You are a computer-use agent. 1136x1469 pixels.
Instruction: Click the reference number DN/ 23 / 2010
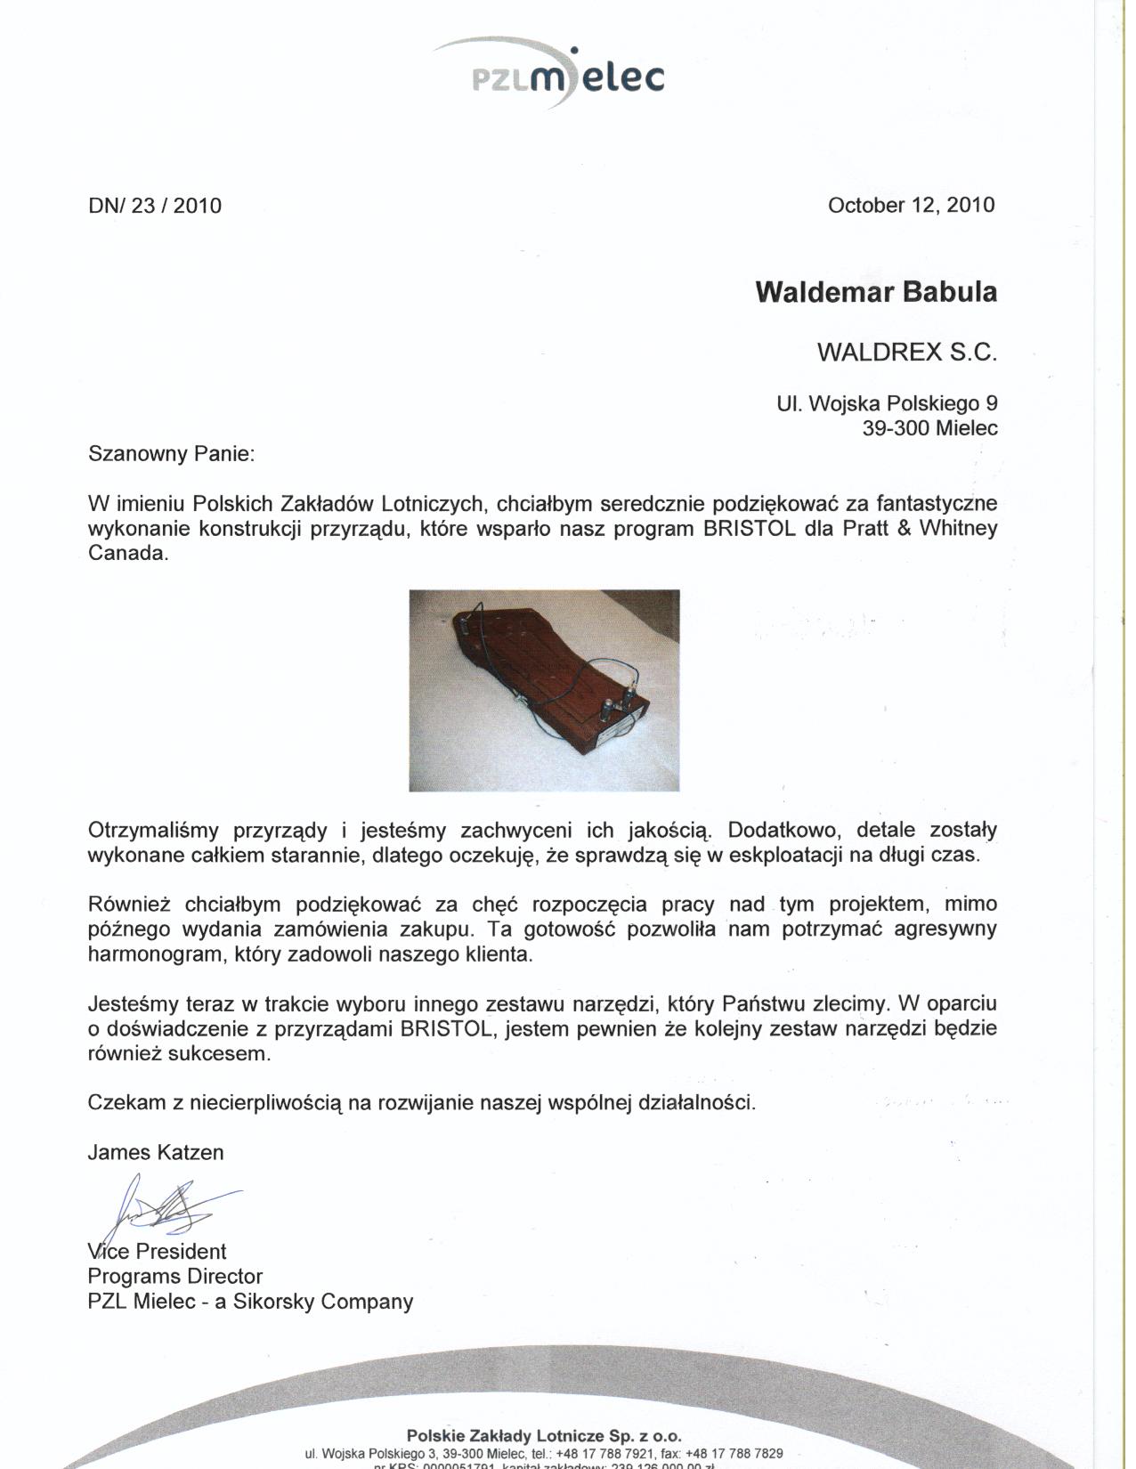(x=154, y=207)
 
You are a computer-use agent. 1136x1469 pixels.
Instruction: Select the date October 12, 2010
(x=911, y=205)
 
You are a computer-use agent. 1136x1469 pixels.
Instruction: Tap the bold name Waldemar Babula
(x=876, y=292)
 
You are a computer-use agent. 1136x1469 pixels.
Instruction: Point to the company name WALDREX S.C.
(x=906, y=353)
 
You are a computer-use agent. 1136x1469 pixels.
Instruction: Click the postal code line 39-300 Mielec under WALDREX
(x=929, y=428)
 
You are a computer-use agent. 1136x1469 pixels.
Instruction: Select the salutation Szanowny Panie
(x=171, y=454)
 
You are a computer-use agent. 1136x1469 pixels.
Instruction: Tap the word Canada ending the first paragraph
(x=127, y=554)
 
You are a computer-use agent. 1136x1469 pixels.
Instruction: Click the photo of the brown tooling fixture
(x=544, y=690)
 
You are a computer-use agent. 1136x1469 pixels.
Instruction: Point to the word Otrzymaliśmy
(x=153, y=831)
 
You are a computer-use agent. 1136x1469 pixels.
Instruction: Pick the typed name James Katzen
(x=156, y=1153)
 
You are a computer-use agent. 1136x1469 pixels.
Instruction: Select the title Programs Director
(x=174, y=1277)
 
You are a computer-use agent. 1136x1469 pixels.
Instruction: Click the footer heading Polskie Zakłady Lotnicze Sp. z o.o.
(x=543, y=1435)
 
